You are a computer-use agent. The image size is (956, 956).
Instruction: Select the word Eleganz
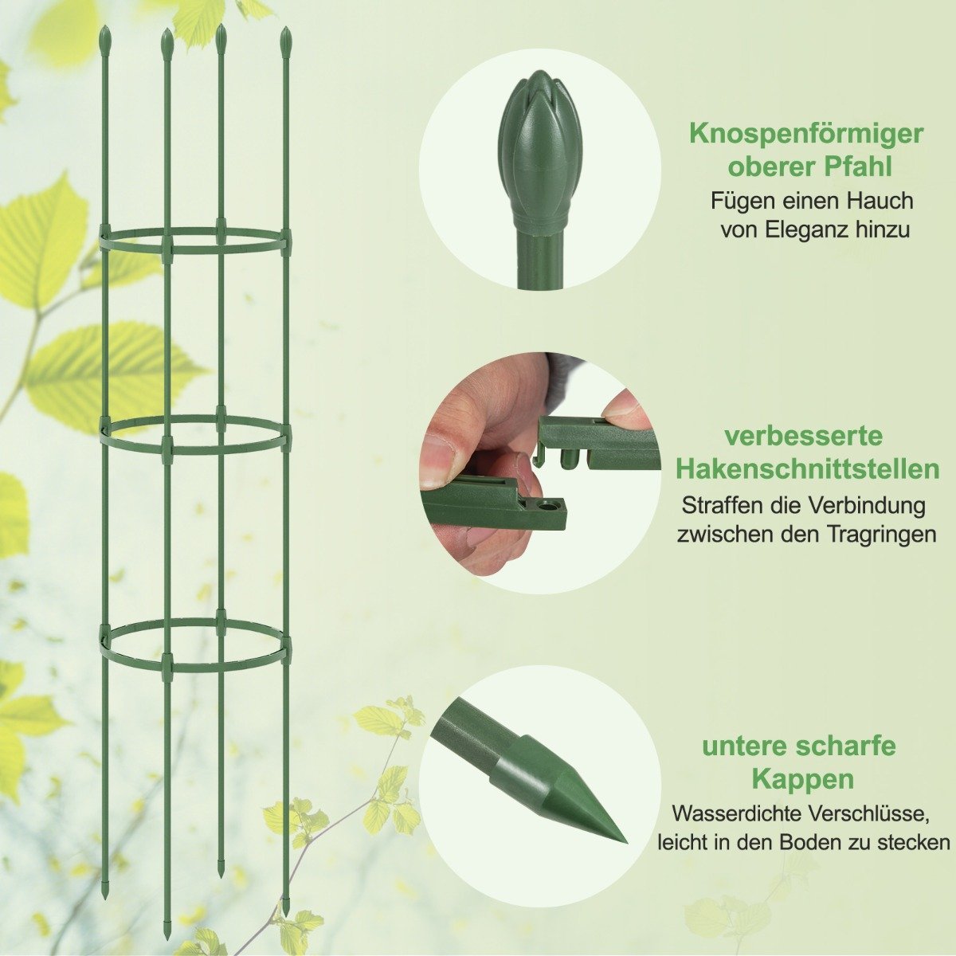click(x=811, y=230)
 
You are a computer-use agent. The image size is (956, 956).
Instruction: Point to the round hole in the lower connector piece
click(x=549, y=508)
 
